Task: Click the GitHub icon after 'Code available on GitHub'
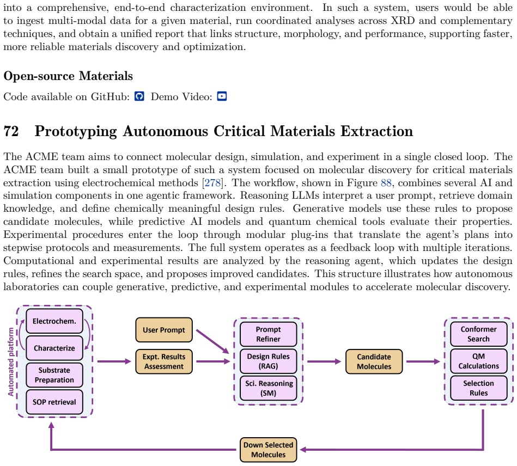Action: pyautogui.click(x=139, y=96)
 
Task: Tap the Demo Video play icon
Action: pyautogui.click(x=222, y=96)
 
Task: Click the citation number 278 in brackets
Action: pyautogui.click(x=214, y=182)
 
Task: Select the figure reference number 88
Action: pyautogui.click(x=386, y=182)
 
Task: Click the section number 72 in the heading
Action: pyautogui.click(x=11, y=131)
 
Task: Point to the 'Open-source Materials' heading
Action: pyautogui.click(x=68, y=76)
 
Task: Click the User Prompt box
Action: pyautogui.click(x=164, y=330)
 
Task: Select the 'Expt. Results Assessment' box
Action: pyautogui.click(x=164, y=361)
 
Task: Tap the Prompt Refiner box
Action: pyautogui.click(x=269, y=334)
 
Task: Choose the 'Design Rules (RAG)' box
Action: pyautogui.click(x=269, y=361)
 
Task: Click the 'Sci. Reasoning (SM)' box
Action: pyautogui.click(x=269, y=388)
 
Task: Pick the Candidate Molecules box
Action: pyautogui.click(x=374, y=361)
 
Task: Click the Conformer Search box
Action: pyautogui.click(x=479, y=334)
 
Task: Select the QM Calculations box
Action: pyautogui.click(x=479, y=361)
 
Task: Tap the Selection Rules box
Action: pyautogui.click(x=479, y=388)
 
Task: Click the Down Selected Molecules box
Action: pyautogui.click(x=269, y=450)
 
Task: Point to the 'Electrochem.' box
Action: pyautogui.click(x=54, y=321)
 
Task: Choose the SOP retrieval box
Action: pyautogui.click(x=54, y=402)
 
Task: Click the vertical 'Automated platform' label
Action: pyautogui.click(x=11, y=361)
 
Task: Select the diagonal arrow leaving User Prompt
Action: pyautogui.click(x=212, y=341)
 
